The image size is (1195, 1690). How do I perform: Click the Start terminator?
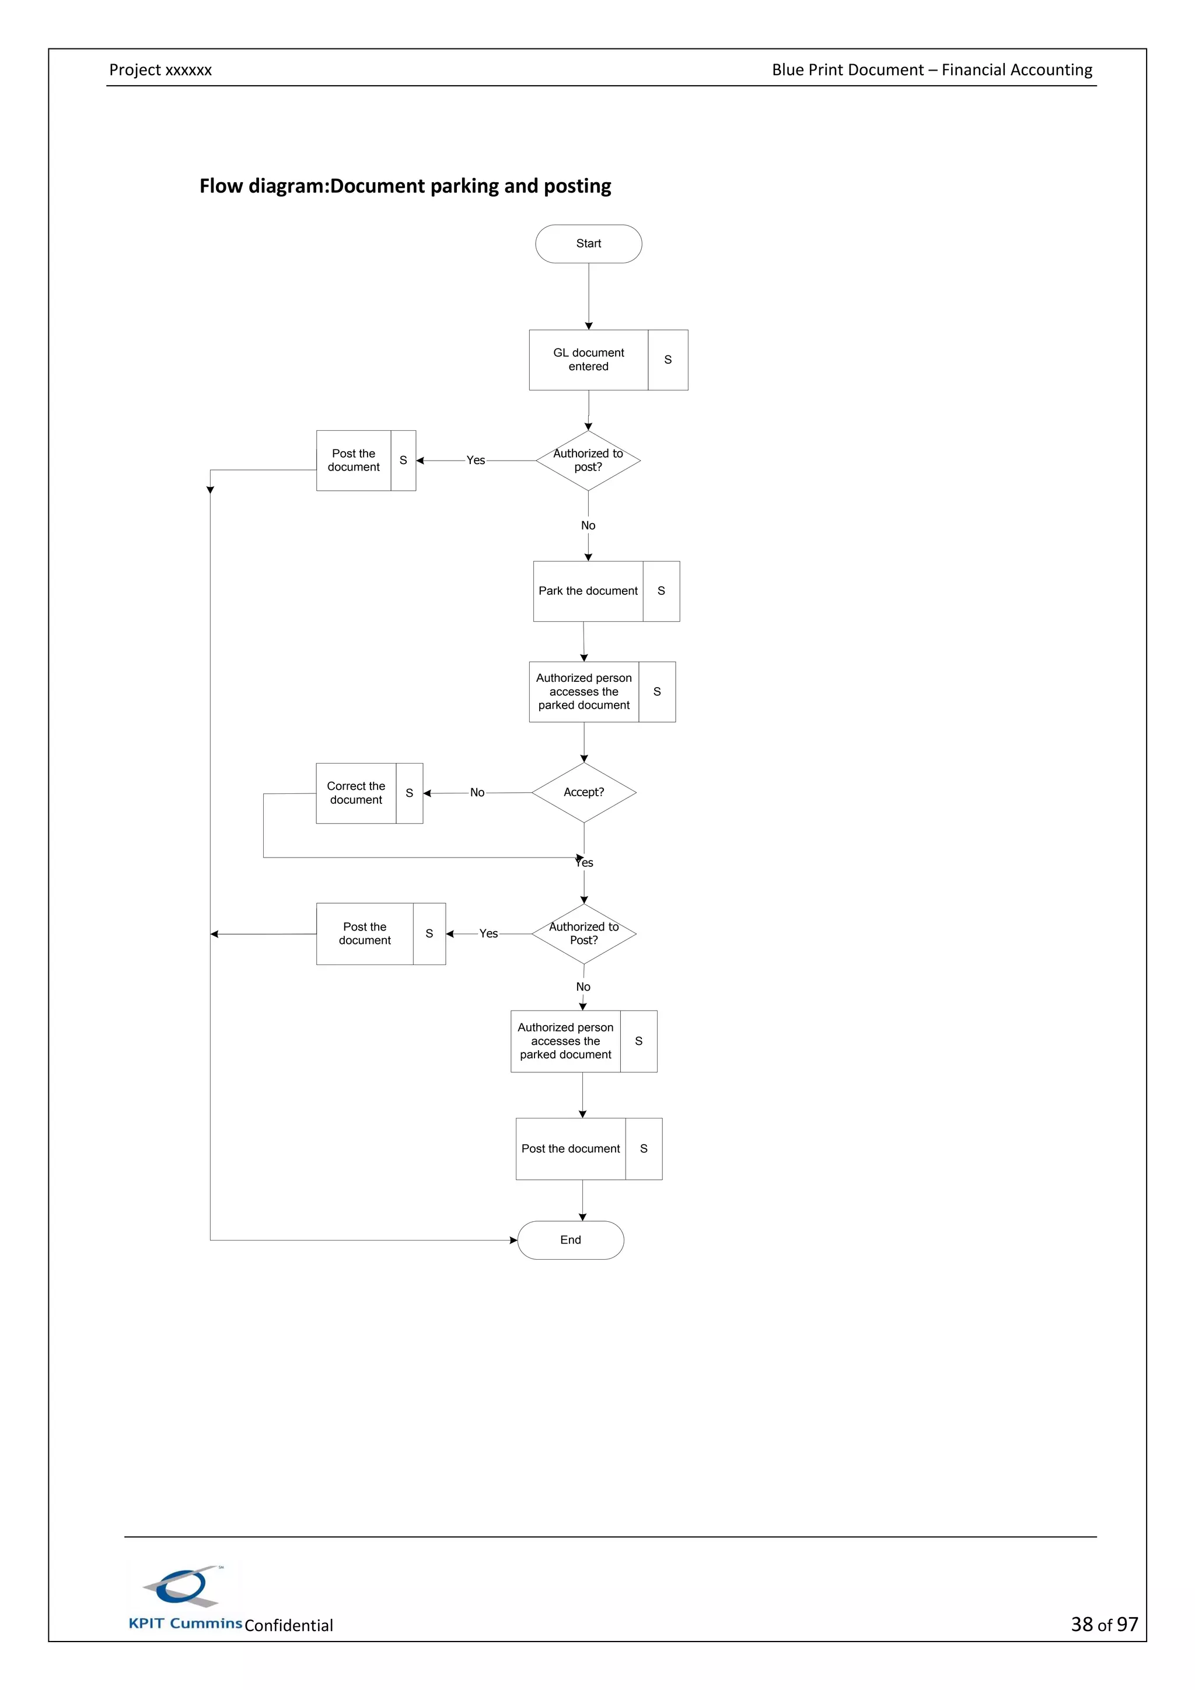[x=588, y=243]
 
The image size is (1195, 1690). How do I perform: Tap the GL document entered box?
[x=588, y=360]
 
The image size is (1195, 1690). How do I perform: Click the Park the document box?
[x=588, y=591]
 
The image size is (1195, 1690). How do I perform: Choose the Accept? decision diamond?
[x=583, y=793]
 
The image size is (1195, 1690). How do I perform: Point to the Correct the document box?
[x=356, y=793]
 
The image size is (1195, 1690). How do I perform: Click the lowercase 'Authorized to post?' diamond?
[x=588, y=461]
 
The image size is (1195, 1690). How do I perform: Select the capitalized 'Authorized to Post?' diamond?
[x=583, y=934]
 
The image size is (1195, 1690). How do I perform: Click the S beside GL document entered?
[x=668, y=360]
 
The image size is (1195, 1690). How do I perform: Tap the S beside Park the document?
[x=661, y=591]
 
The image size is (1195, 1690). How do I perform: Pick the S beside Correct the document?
[x=409, y=793]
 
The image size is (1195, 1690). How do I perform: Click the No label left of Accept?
[x=477, y=793]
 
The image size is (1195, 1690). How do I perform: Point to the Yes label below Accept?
[x=585, y=863]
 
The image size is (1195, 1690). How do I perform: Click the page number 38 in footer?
[x=1082, y=1625]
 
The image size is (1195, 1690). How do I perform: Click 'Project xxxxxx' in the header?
[x=160, y=70]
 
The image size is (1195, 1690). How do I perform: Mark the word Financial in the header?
[x=976, y=70]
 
